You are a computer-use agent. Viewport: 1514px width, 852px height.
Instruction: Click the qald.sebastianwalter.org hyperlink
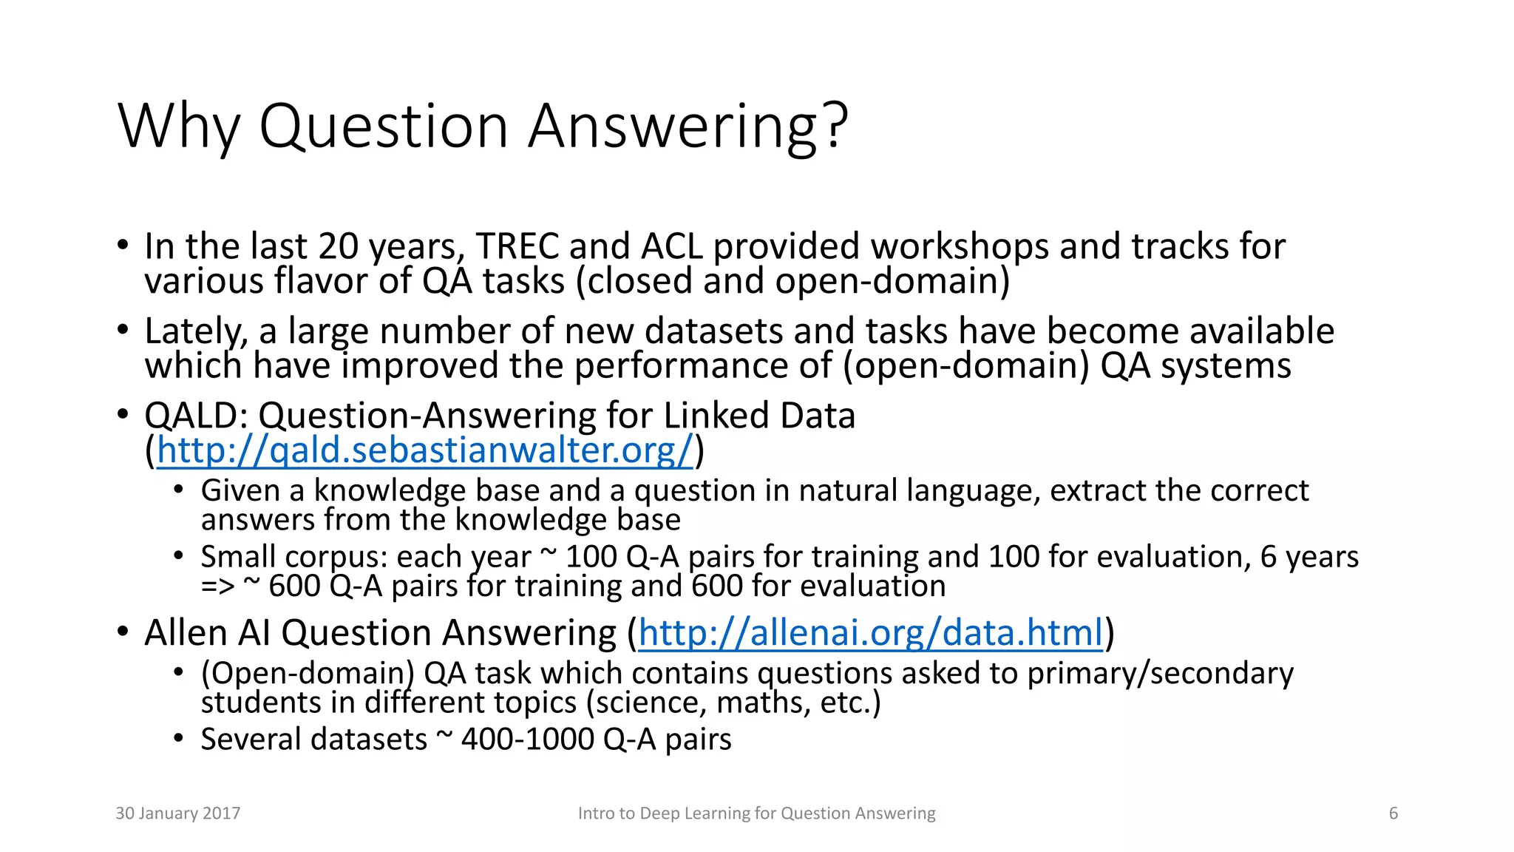[x=425, y=450]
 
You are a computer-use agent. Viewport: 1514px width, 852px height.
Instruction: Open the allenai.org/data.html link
[x=870, y=633]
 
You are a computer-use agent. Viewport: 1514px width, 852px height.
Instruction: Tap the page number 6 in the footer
[x=1393, y=814]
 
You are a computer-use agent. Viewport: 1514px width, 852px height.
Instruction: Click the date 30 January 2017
[x=178, y=814]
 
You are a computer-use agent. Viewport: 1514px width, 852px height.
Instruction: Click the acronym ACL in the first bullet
[x=672, y=246]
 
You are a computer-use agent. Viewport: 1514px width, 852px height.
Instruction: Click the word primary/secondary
[x=1160, y=673]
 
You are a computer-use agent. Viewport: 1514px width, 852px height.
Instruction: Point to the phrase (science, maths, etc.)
[x=733, y=703]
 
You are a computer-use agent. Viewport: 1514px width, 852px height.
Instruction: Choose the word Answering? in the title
[x=688, y=126]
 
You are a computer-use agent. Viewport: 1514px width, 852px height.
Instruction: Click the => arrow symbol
[x=217, y=586]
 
